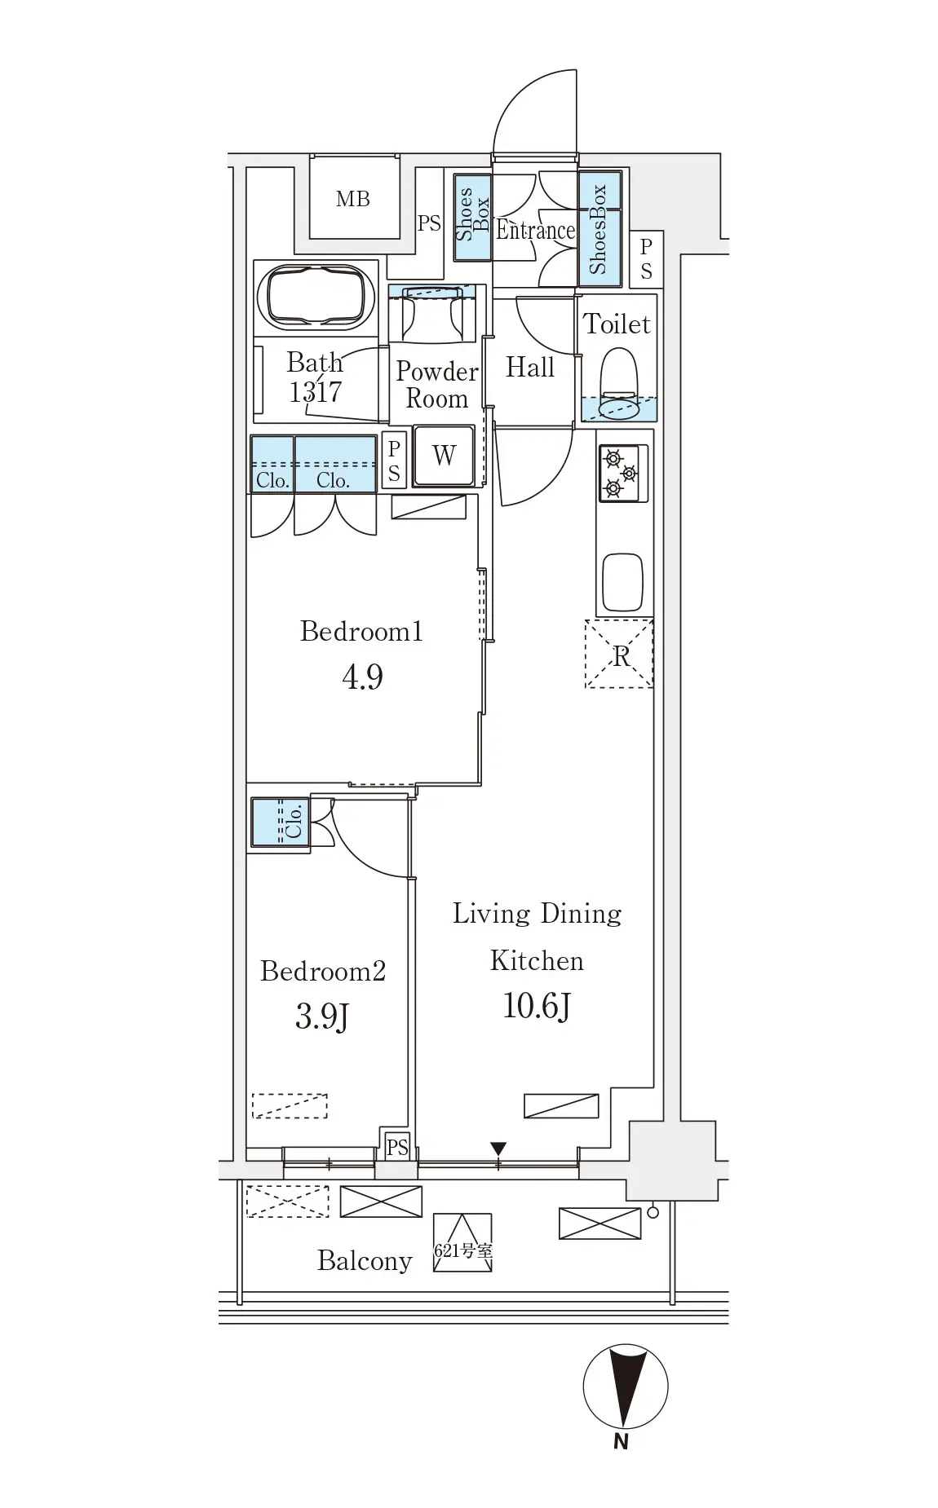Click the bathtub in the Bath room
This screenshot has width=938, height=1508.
(316, 298)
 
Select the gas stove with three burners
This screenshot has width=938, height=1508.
(623, 473)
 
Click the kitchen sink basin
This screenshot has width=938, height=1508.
(623, 582)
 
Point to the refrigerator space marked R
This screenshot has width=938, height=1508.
(619, 654)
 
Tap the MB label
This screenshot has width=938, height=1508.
(352, 199)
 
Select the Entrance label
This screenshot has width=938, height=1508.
(535, 231)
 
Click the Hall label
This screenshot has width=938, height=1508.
(529, 368)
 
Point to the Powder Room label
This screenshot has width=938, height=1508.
(437, 385)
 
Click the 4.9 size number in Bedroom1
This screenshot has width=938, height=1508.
(362, 677)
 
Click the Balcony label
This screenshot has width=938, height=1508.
(365, 1261)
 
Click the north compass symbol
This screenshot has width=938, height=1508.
(626, 1387)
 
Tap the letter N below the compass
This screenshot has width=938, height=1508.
(622, 1442)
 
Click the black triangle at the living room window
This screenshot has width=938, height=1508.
(498, 1149)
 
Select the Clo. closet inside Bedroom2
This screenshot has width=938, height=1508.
(280, 822)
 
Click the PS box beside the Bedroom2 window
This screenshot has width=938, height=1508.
(397, 1147)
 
